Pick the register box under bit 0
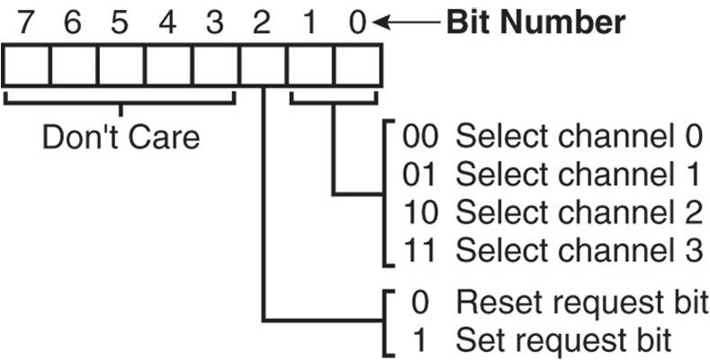pyautogui.click(x=357, y=66)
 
